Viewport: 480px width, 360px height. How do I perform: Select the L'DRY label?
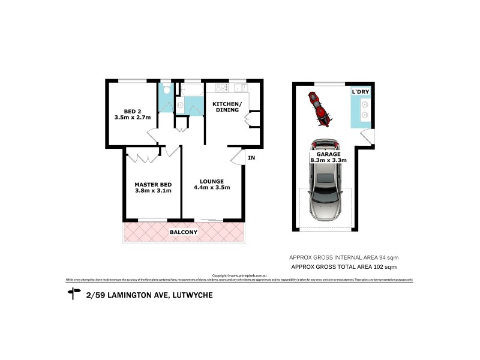click(x=360, y=91)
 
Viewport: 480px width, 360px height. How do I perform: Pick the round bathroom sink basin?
click(x=180, y=106)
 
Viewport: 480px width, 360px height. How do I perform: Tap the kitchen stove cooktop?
click(x=220, y=88)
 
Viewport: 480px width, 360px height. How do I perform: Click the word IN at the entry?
click(x=251, y=158)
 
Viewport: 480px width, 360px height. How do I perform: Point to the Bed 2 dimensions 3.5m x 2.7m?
click(x=132, y=118)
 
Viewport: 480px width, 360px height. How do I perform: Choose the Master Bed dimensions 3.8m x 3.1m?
click(x=154, y=191)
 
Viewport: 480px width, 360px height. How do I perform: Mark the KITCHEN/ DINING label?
click(x=227, y=107)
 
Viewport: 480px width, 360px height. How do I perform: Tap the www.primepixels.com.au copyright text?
click(x=239, y=276)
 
